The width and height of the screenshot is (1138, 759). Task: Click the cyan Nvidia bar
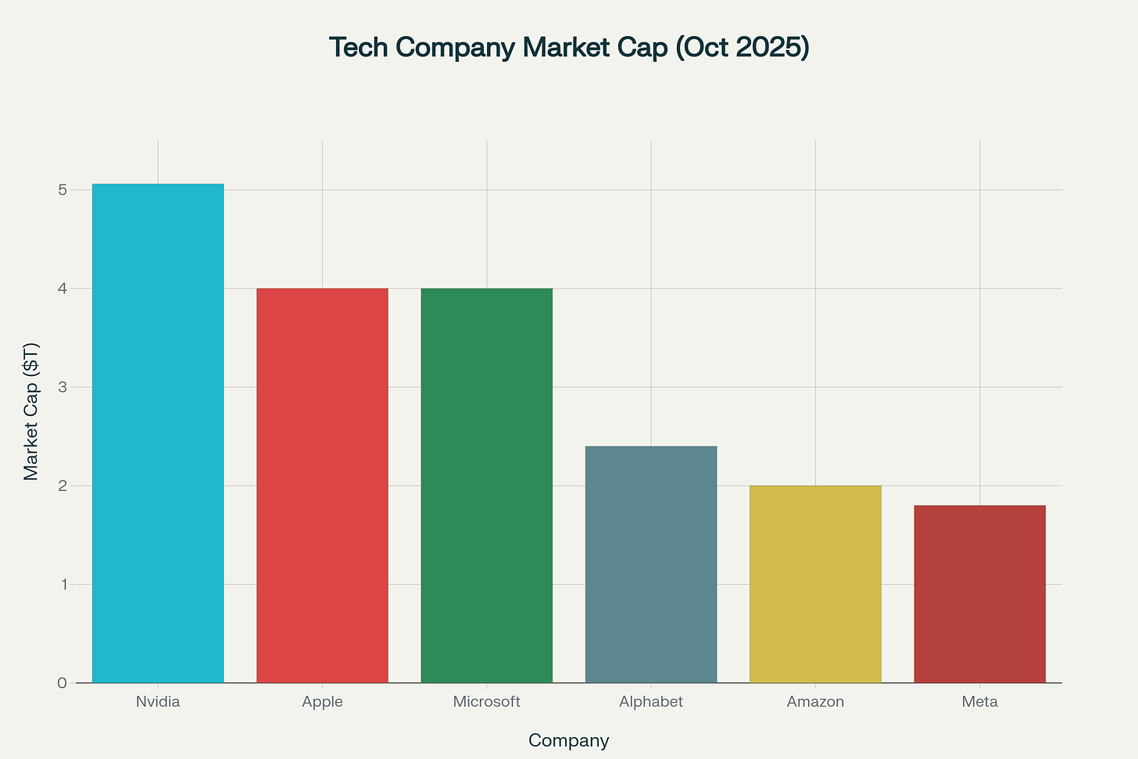(x=158, y=434)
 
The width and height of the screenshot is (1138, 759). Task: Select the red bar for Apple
(x=322, y=485)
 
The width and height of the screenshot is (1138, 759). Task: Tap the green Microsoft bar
(x=486, y=485)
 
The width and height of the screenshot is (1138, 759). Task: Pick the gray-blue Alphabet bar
(x=651, y=564)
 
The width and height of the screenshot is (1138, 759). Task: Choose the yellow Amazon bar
(x=815, y=584)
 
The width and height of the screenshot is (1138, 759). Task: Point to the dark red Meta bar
(x=979, y=594)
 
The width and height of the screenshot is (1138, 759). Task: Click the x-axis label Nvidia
(x=158, y=702)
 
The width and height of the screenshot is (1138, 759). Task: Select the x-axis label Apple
(x=322, y=702)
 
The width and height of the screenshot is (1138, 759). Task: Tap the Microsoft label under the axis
(x=486, y=702)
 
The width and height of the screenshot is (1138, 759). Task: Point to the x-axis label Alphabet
(x=651, y=702)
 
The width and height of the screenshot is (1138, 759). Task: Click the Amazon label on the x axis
(x=815, y=702)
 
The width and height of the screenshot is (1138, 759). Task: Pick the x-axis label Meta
(x=979, y=702)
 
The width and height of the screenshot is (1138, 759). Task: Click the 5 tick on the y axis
(x=62, y=190)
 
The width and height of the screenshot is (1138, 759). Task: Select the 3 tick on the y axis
(x=62, y=388)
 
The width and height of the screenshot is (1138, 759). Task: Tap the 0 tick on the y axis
(x=62, y=683)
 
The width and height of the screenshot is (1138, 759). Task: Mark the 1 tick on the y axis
(x=62, y=585)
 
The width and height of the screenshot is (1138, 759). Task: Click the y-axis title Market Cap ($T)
(x=30, y=411)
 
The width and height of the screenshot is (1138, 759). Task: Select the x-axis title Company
(x=568, y=740)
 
